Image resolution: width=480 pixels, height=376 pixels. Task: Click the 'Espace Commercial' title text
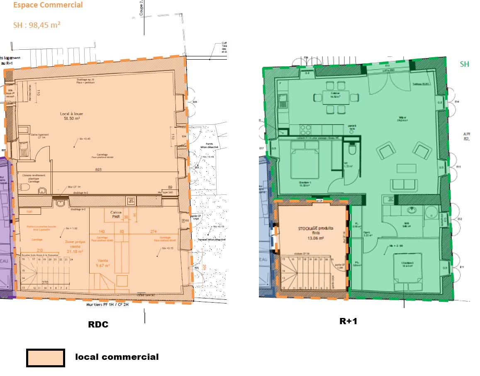[x=48, y=5]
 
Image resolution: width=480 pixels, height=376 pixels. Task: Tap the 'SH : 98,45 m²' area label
[x=37, y=25]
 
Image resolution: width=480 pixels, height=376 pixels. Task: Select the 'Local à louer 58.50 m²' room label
[x=71, y=116]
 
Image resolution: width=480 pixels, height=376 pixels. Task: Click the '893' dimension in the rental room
[x=99, y=170]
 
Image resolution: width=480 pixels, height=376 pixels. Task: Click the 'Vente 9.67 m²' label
[x=102, y=262]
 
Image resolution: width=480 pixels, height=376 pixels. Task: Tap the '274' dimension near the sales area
[x=154, y=231]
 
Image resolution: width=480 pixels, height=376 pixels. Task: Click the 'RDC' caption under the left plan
[x=98, y=325]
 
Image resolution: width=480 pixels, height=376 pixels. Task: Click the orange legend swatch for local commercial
[x=46, y=358]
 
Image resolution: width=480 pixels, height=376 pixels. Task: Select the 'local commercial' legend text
[x=117, y=357]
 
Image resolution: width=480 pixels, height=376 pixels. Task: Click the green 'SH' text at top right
[x=465, y=64]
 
